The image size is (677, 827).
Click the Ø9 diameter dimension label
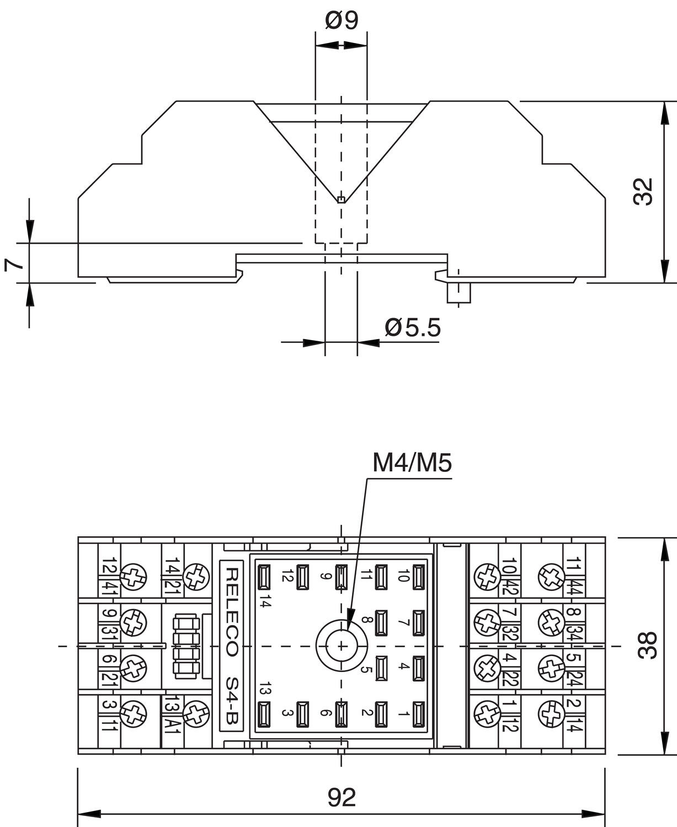point(342,20)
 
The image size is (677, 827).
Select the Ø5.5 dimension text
point(413,328)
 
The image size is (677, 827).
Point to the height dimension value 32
point(643,192)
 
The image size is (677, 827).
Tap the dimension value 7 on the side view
point(14,264)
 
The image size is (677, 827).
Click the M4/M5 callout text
point(412,464)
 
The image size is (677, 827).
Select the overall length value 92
point(342,797)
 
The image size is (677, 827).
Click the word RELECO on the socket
point(231,613)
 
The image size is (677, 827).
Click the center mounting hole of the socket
point(342,646)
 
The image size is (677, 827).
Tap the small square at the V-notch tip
point(342,200)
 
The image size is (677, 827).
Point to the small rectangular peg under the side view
point(459,292)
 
